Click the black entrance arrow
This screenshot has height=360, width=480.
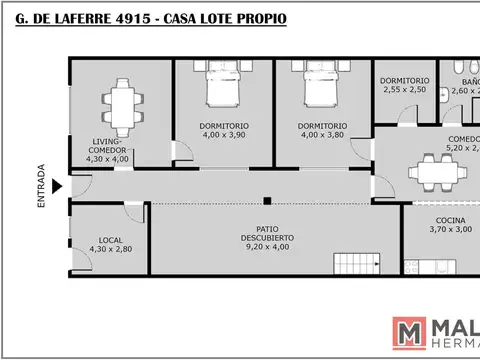57,185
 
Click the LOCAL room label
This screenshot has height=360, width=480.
109,239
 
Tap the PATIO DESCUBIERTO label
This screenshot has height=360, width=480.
265,233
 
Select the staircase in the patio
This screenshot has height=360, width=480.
352,265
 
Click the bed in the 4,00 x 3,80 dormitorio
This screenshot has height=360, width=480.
319,90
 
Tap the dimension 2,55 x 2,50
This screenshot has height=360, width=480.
404,90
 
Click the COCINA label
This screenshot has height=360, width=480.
450,220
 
